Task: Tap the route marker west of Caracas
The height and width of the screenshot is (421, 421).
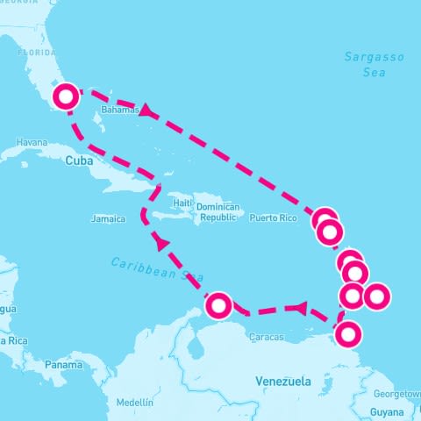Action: (x=218, y=305)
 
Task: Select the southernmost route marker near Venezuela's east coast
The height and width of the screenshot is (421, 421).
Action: (x=348, y=334)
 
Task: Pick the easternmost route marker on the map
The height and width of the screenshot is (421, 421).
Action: (x=375, y=296)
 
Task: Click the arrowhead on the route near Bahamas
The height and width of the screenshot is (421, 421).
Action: (x=147, y=111)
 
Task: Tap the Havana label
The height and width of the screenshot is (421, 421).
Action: (x=31, y=142)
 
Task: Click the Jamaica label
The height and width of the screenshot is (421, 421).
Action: (x=107, y=218)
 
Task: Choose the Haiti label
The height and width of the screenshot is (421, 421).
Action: (x=182, y=203)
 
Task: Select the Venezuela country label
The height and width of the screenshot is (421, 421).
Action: (x=282, y=382)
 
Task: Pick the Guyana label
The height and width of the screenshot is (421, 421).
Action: (x=386, y=410)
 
